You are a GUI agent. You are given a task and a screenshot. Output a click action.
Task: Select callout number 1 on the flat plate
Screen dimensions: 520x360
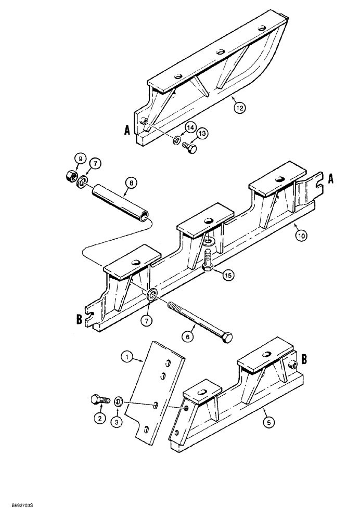(x=125, y=357)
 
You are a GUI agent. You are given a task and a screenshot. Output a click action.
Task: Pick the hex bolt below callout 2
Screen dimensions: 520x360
(x=99, y=400)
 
